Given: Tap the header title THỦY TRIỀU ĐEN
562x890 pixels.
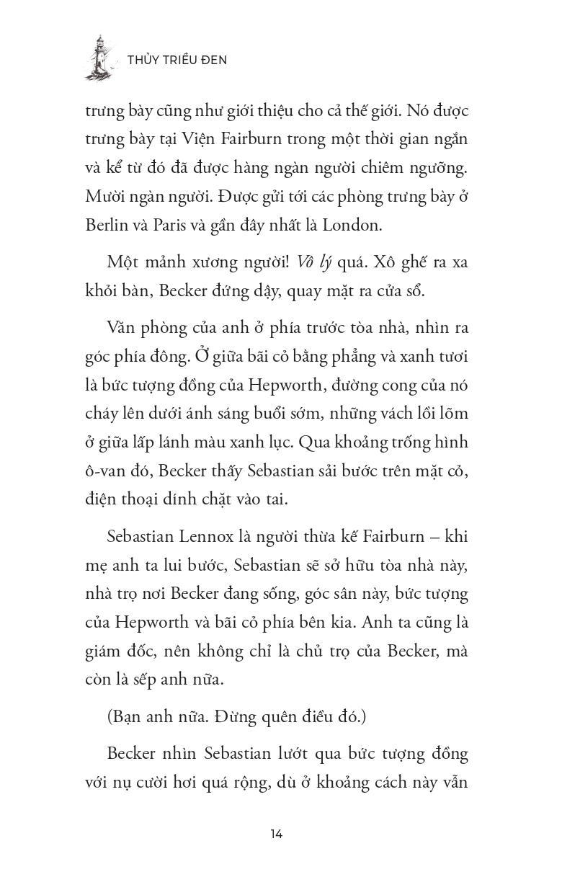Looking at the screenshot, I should [177, 60].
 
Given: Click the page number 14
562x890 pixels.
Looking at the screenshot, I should [277, 834].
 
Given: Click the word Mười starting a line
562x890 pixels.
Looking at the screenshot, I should [103, 196].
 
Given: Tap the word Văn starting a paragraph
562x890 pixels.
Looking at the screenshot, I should [122, 329].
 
